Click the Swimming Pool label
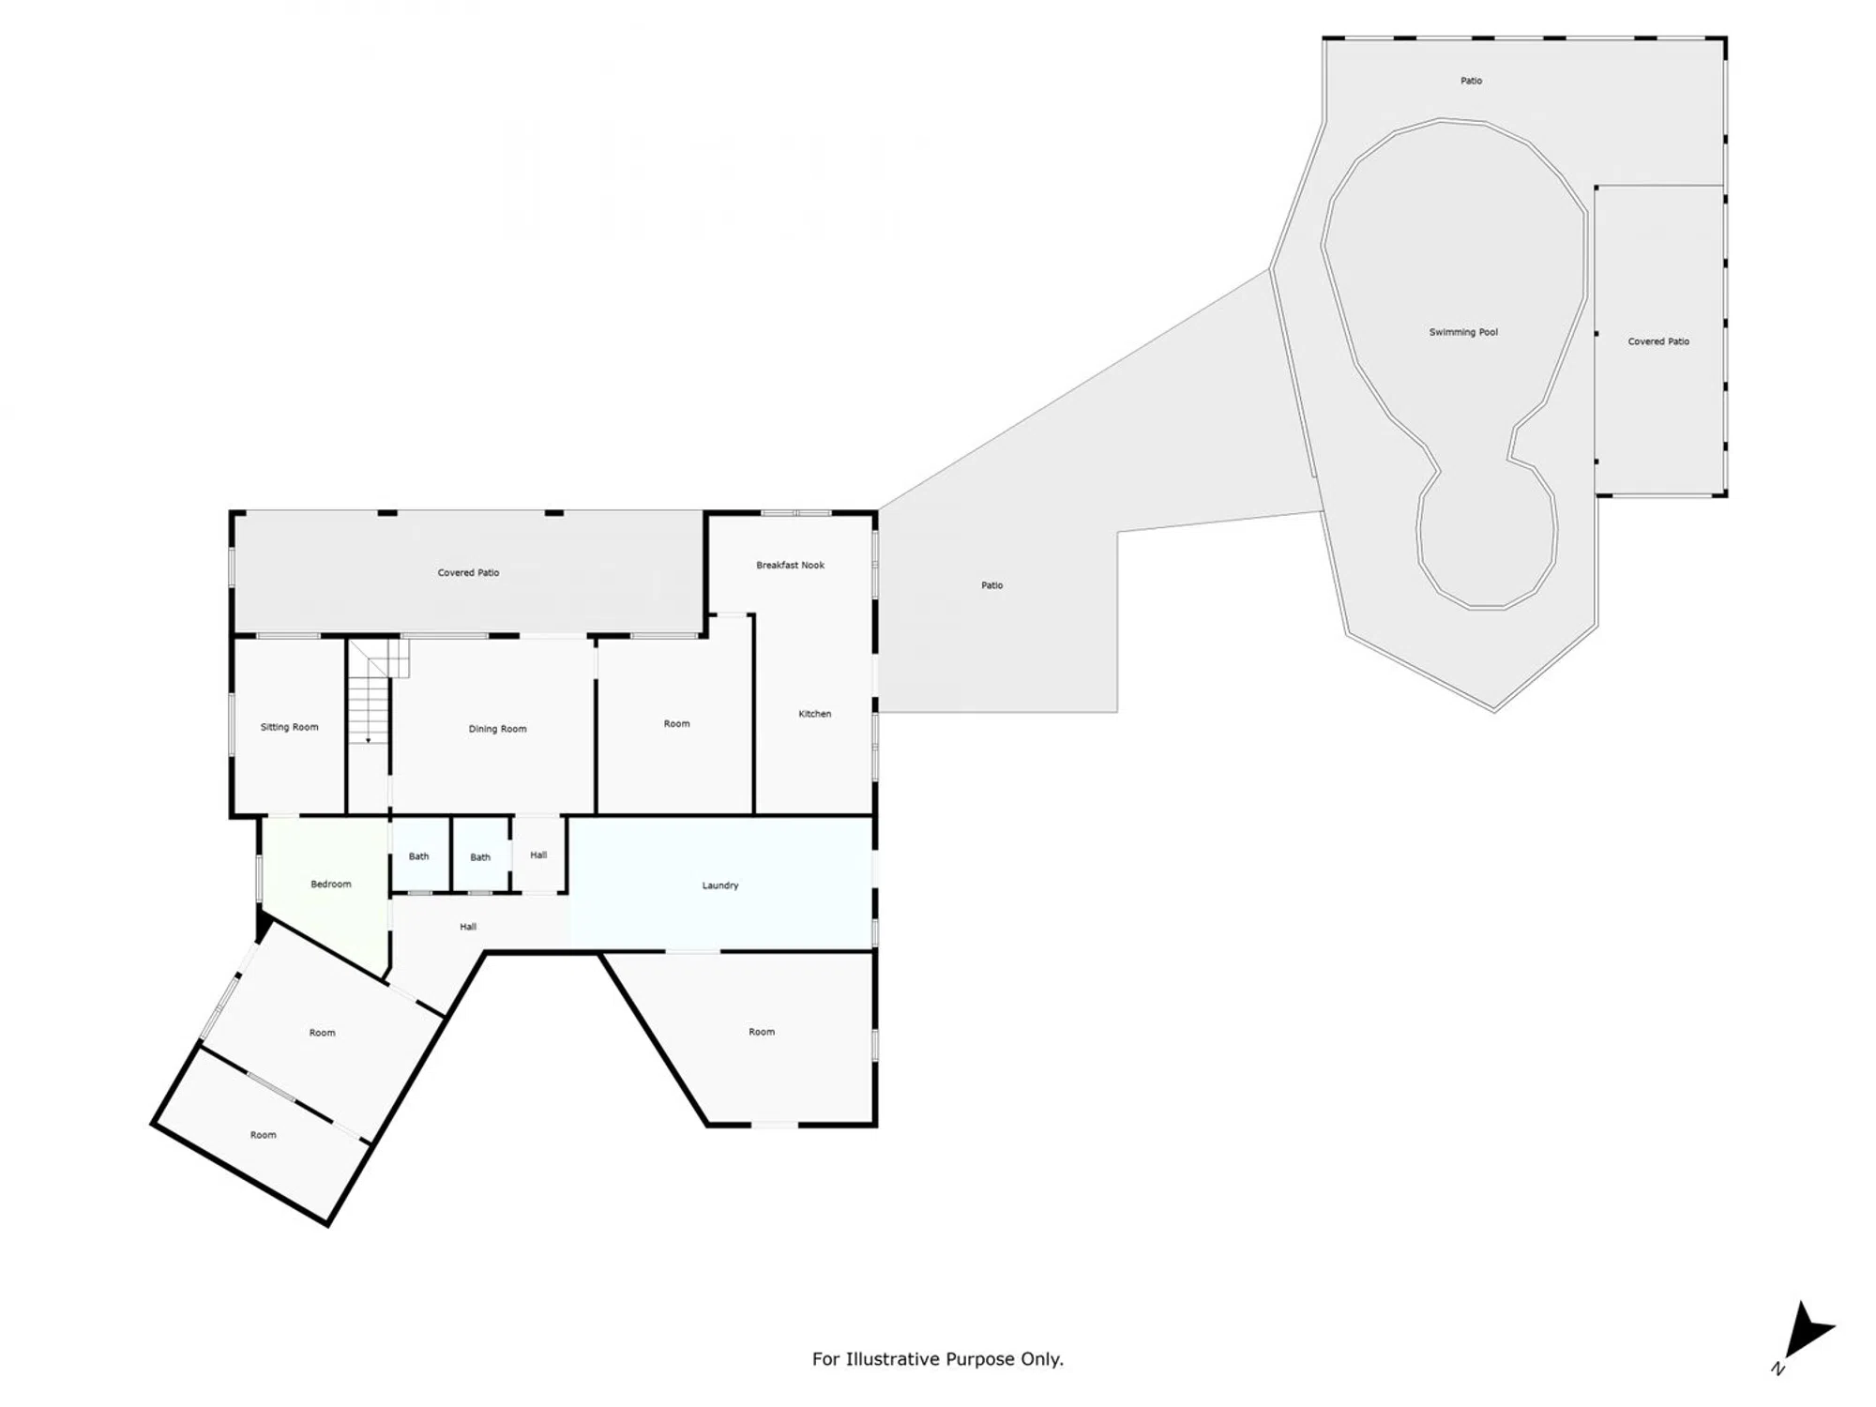point(1463,332)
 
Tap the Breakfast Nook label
point(790,565)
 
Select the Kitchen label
point(814,714)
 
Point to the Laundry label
point(720,885)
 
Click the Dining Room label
point(497,729)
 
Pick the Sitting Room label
point(289,727)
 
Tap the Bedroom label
point(330,884)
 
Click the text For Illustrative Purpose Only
point(937,1359)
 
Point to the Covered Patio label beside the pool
point(1658,341)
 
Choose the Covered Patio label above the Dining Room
point(468,572)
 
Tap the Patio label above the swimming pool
point(1471,81)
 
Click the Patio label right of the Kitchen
point(991,585)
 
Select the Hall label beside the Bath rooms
point(538,855)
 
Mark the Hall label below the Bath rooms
point(468,927)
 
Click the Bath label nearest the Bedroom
point(418,856)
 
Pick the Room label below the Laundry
point(762,1032)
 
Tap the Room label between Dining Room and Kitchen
point(676,723)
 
